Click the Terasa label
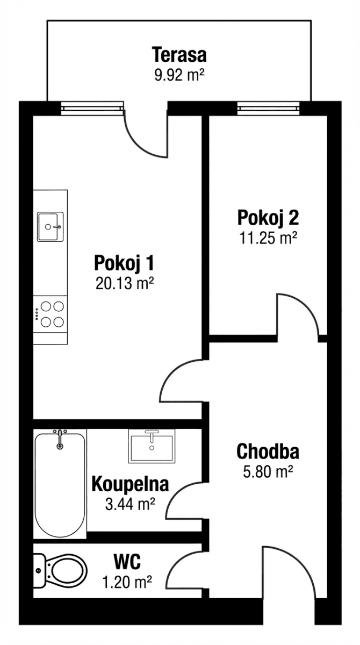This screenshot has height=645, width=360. point(179,55)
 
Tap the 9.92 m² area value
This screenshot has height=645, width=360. point(179,74)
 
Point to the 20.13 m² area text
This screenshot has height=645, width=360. point(125,283)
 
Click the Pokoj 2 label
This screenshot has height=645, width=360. point(268,218)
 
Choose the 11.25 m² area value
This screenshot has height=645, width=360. point(268,238)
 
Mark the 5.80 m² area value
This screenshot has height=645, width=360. point(268,471)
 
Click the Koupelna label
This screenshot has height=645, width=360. point(130,484)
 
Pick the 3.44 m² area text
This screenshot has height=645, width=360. point(130,504)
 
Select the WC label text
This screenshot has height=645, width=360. point(127,562)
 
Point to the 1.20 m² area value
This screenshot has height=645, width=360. point(127,581)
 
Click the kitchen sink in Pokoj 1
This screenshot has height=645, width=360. point(50,226)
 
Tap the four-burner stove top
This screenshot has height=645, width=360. point(52,314)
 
